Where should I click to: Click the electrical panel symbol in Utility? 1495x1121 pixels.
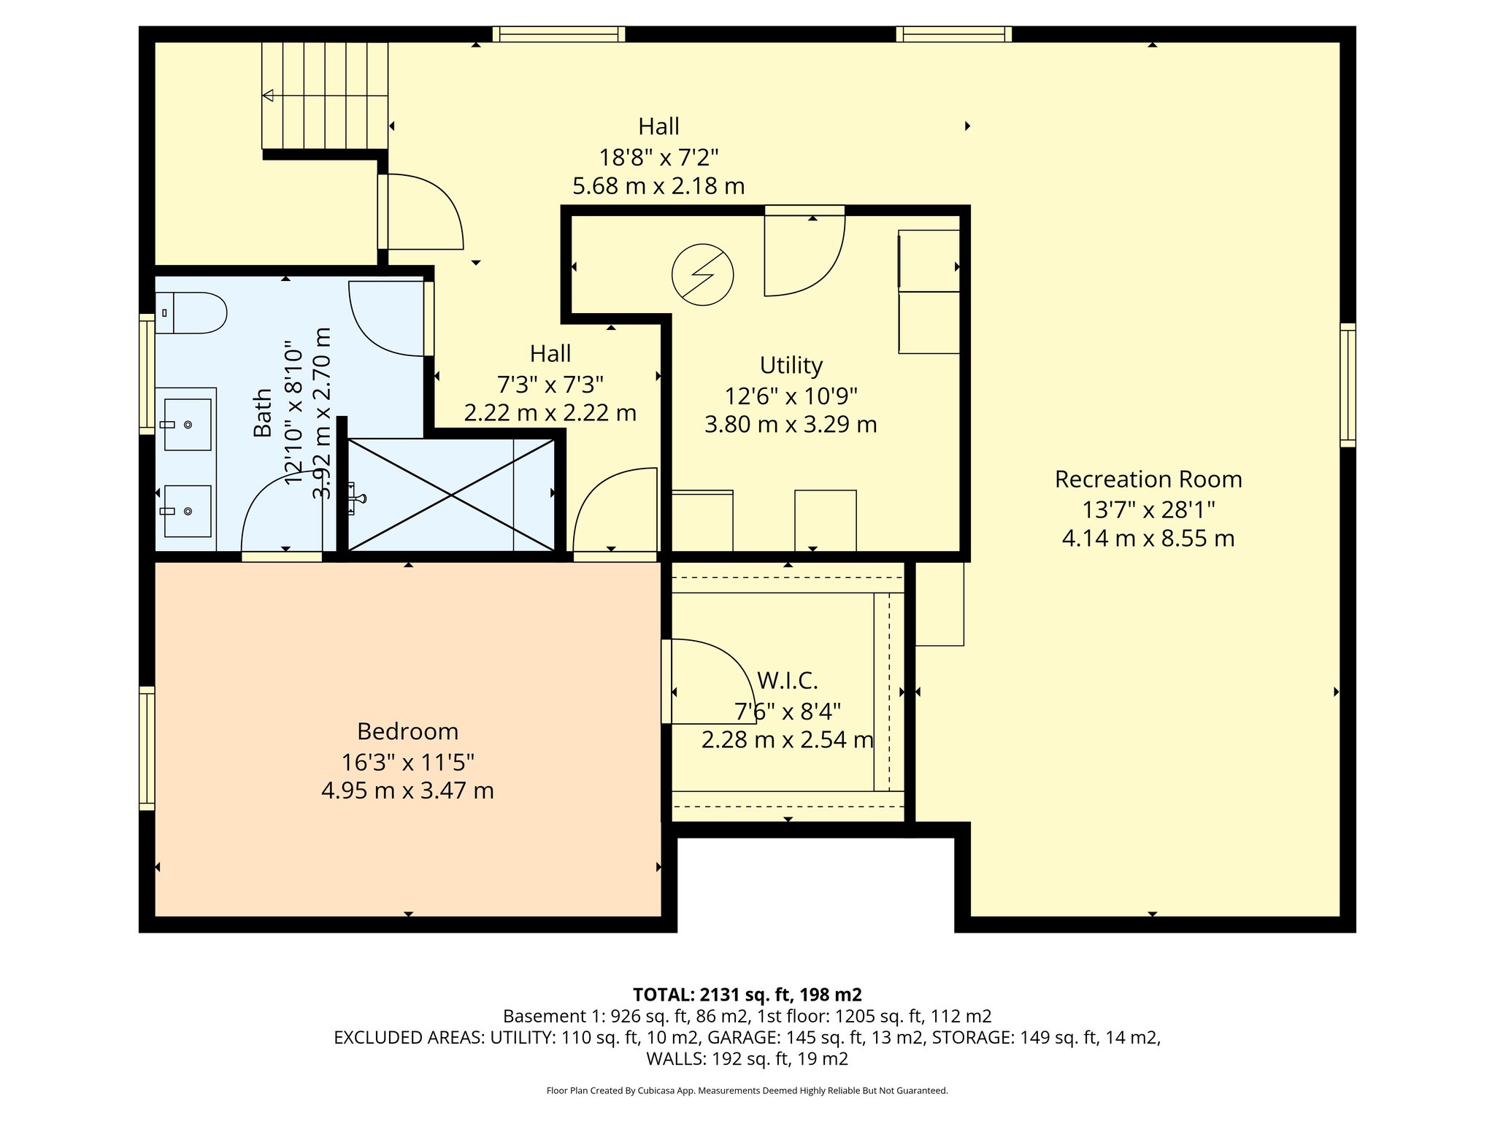[x=702, y=274]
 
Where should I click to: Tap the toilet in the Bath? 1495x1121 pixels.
[x=191, y=313]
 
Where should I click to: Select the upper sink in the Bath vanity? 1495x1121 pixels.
[x=188, y=424]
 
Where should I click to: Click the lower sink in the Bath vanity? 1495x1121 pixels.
[x=188, y=511]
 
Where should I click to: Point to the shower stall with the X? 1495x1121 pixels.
[x=451, y=495]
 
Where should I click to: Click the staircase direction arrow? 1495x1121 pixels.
[x=269, y=95]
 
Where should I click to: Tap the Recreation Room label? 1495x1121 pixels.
[x=1148, y=479]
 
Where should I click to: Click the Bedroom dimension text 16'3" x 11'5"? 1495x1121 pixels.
[x=407, y=762]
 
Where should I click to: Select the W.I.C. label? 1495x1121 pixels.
[x=787, y=680]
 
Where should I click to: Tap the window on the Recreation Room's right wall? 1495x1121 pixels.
[x=1348, y=385]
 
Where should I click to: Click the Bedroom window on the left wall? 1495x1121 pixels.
[x=147, y=748]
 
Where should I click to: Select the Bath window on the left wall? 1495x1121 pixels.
[x=147, y=374]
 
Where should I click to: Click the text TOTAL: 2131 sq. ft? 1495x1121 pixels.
[x=747, y=994]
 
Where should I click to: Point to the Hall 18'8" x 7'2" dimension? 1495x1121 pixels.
[x=658, y=157]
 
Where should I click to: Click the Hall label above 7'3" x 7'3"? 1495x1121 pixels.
[x=550, y=354]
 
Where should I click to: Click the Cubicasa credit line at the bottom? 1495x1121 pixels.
[x=747, y=1090]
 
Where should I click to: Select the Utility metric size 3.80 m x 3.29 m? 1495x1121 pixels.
[x=791, y=424]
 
